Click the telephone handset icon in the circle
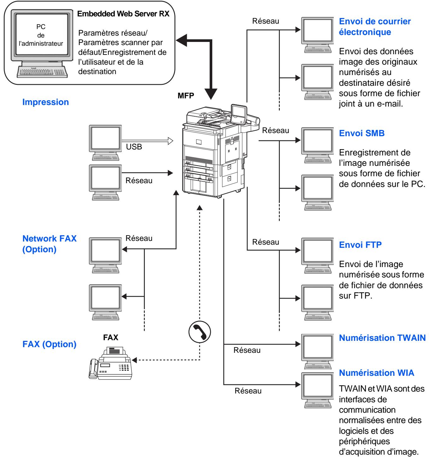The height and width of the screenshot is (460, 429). [199, 332]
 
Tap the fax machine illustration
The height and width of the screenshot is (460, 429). [110, 363]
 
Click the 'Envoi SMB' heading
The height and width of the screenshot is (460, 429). [361, 133]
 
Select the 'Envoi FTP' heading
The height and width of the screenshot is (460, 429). [360, 245]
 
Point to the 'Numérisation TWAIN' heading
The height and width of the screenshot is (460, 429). [382, 338]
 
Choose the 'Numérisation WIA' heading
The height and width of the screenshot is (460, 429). [376, 373]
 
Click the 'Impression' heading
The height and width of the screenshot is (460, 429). [46, 102]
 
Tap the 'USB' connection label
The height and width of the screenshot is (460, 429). [134, 147]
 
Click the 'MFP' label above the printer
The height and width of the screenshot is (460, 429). [186, 96]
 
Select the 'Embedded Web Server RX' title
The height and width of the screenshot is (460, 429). [123, 14]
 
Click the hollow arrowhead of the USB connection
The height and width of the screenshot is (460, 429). [170, 141]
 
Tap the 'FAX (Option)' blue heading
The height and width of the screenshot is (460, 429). [49, 344]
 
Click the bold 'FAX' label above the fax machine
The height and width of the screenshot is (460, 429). [110, 337]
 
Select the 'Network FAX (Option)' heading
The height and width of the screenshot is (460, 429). [49, 244]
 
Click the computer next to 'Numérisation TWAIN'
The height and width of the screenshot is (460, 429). [317, 351]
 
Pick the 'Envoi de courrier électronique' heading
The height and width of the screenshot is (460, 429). [375, 26]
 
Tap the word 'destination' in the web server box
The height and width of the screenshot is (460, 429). [97, 71]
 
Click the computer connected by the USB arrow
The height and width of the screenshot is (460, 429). [105, 143]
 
